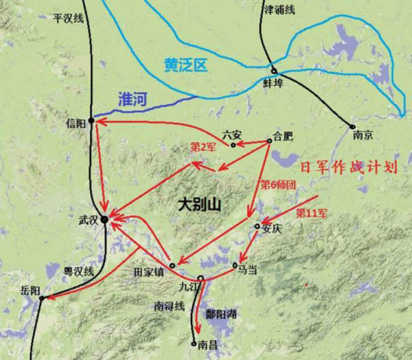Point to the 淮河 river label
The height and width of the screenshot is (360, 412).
point(133,99)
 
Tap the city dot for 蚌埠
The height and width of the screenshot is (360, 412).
point(273,71)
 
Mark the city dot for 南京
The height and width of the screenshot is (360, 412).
point(352,126)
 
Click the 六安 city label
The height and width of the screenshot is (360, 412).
point(233,134)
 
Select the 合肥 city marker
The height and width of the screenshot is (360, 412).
point(269,142)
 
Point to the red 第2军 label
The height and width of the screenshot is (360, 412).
point(203,147)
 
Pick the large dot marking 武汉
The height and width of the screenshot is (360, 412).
point(104,220)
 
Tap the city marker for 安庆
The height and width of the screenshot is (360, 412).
point(257,226)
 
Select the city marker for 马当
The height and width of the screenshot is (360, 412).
point(236,265)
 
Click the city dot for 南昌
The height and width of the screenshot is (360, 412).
point(194,342)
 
